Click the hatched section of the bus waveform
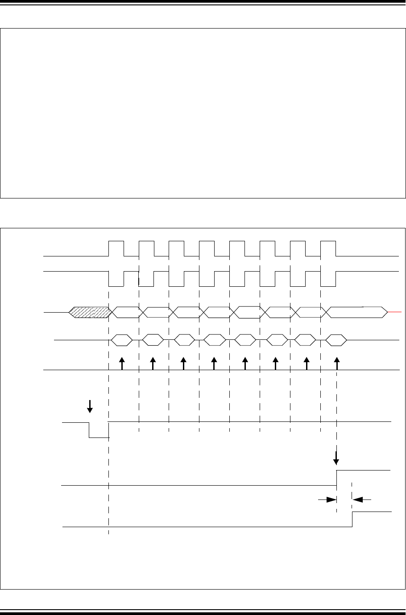pos(90,312)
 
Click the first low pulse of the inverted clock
pos(116,278)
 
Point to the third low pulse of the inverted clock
pos(177,278)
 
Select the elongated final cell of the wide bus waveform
pos(357,312)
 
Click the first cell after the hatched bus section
pos(125,312)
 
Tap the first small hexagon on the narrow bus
pos(121,340)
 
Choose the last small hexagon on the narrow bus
pos(336,340)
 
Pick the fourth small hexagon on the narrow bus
pos(214,340)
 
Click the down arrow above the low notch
pos(90,405)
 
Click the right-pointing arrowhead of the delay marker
pos(331,500)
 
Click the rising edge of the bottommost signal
pos(352,520)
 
